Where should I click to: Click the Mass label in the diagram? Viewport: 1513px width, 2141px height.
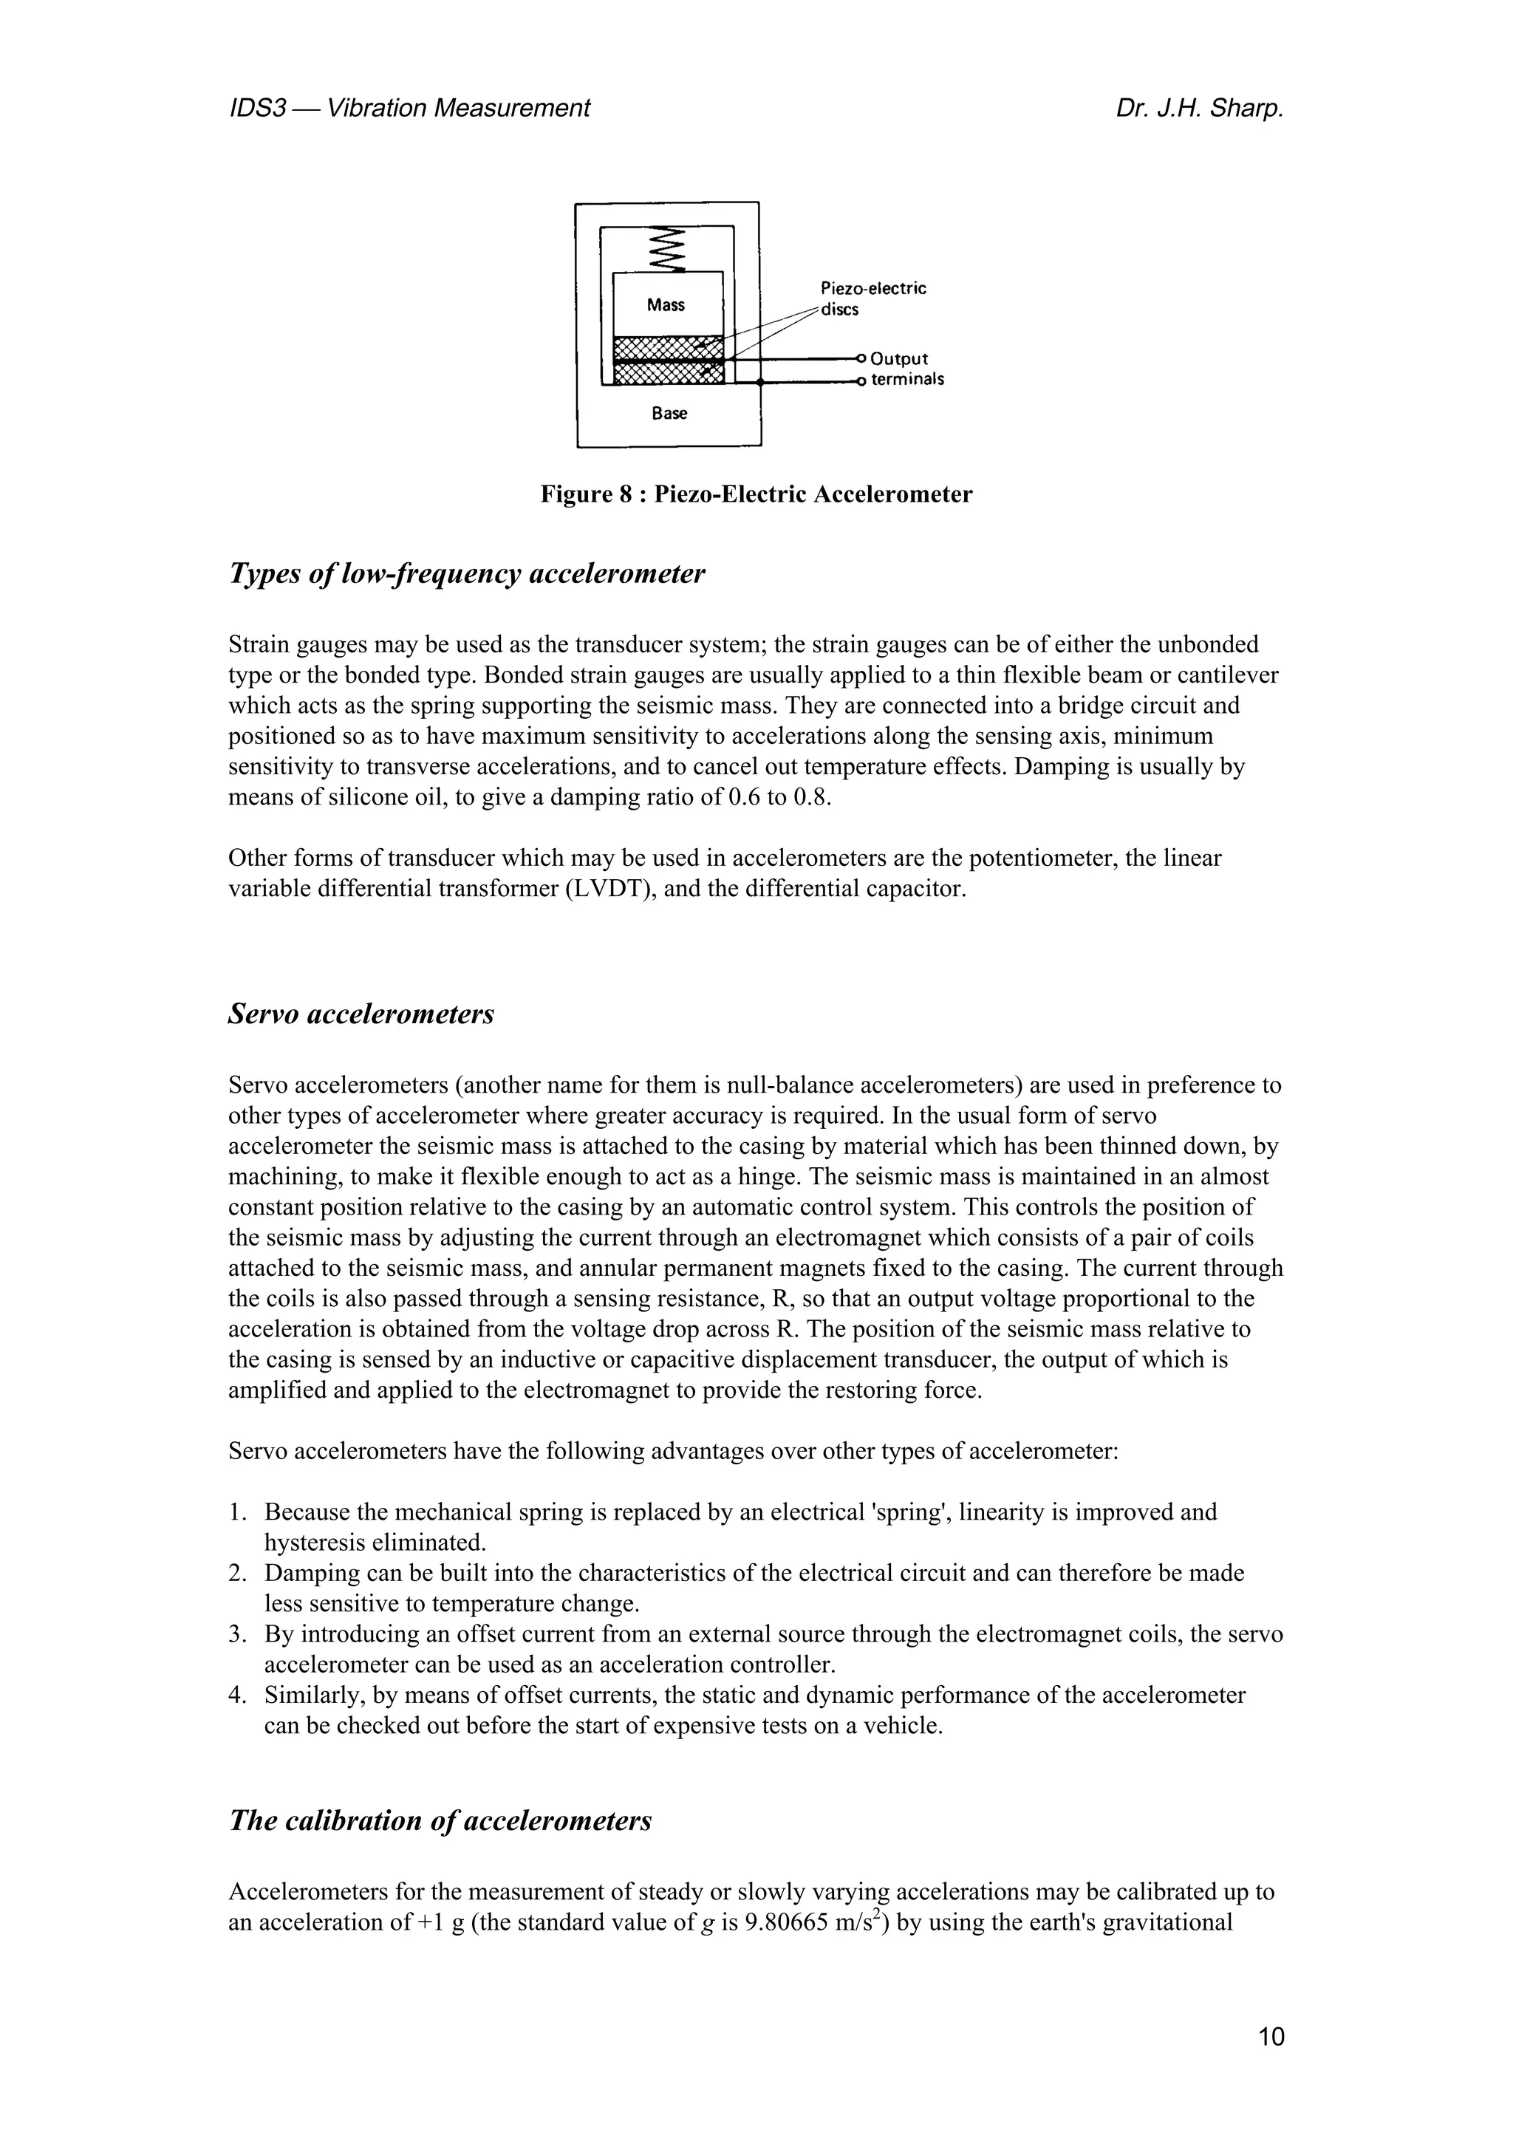pos(666,305)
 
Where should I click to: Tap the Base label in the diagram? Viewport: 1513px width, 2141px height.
pos(669,413)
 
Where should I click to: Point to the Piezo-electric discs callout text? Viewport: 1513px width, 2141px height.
pos(872,298)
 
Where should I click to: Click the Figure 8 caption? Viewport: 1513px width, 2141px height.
pos(756,494)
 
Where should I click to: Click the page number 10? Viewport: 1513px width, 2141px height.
pos(1271,2038)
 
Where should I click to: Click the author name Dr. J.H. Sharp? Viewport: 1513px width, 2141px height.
pos(1199,109)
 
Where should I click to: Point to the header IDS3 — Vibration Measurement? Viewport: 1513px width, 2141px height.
pos(409,109)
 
